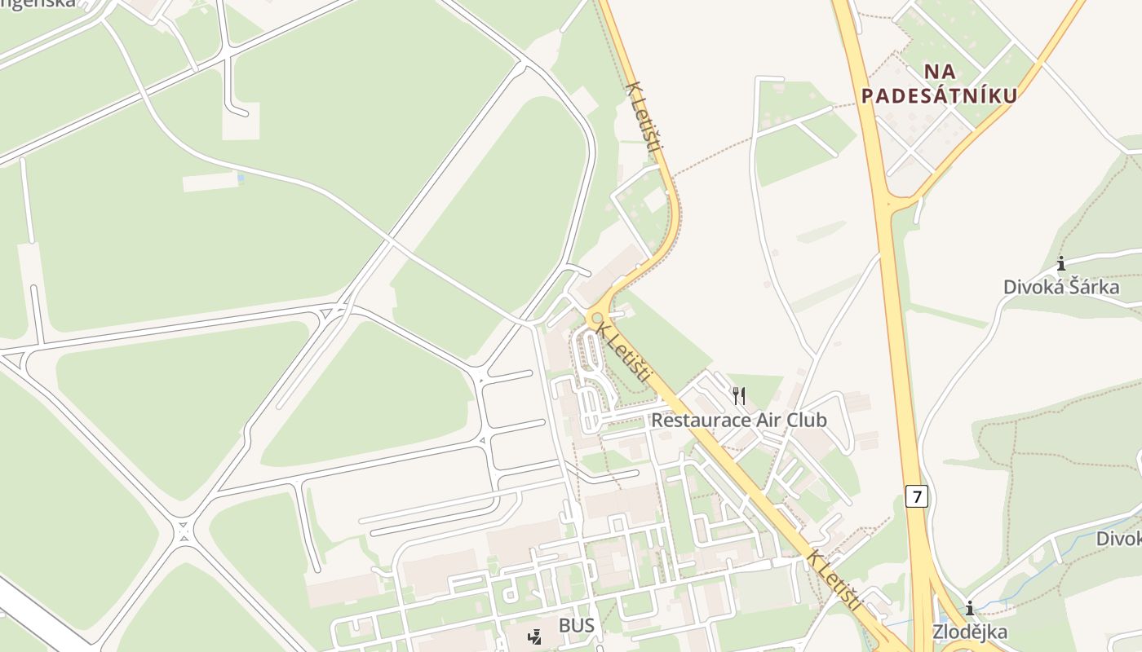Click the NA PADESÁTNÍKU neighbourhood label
point(940,84)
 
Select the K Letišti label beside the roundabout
point(624,353)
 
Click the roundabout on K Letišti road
point(597,318)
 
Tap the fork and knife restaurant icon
point(739,396)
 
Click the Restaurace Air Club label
point(739,421)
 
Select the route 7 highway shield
point(917,496)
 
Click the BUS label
point(577,626)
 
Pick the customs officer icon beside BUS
point(535,637)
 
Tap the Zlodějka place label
point(970,632)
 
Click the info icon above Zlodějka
point(970,608)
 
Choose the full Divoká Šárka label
point(1060,287)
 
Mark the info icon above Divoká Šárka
point(1061,263)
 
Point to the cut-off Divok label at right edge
point(1118,539)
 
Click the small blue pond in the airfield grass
point(240,177)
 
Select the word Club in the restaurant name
point(803,421)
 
